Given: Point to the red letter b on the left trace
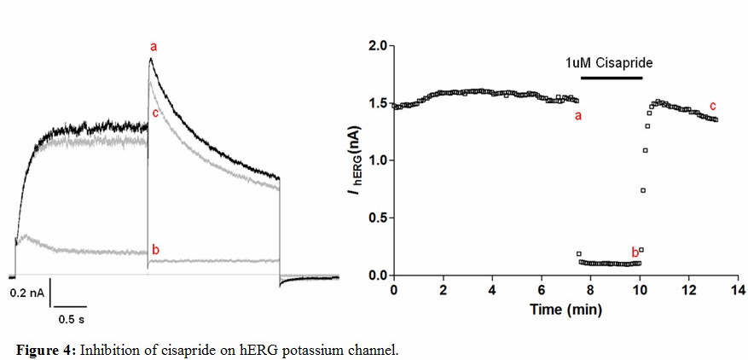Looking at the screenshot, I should coord(155,249).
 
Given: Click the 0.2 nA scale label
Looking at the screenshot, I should coord(27,292).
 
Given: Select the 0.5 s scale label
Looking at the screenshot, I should coord(71,320).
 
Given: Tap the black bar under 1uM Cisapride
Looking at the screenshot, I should coord(610,78).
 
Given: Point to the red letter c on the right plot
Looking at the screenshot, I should coord(712,105).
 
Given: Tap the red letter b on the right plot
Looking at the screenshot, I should coord(634,252).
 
